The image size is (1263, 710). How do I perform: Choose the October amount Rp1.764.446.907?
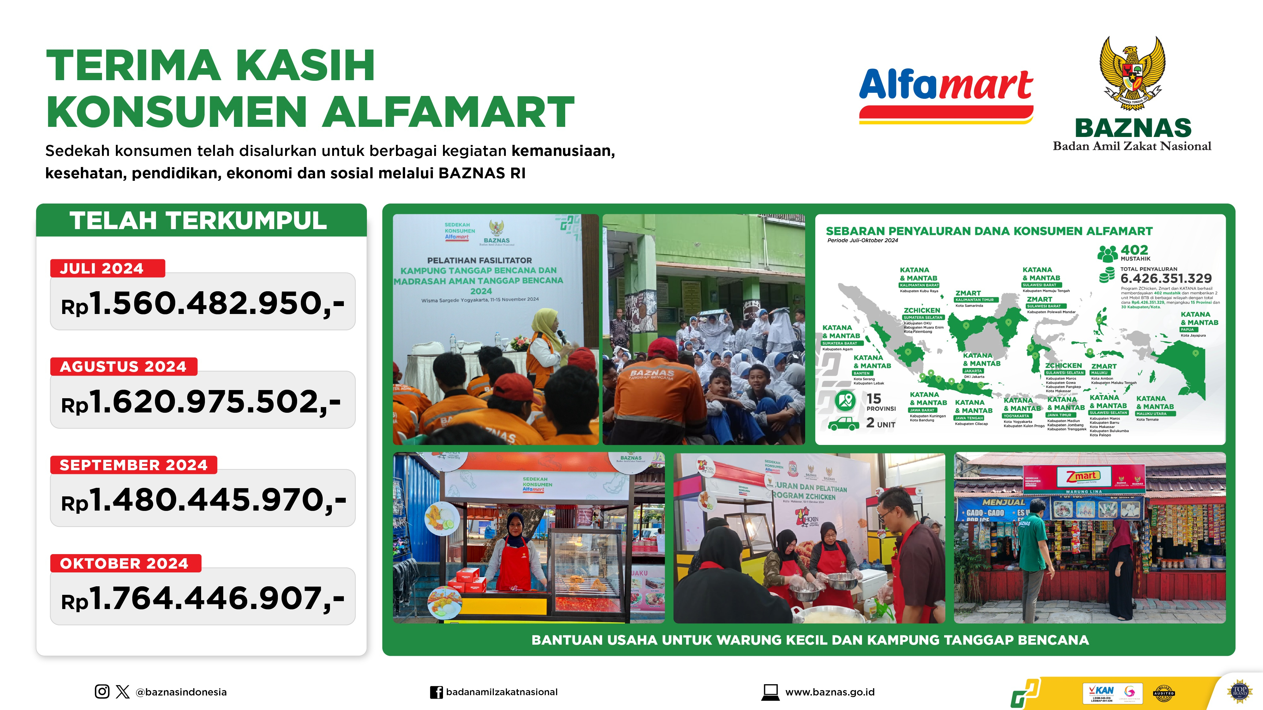tap(202, 598)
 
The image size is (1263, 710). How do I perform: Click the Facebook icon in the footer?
tap(436, 692)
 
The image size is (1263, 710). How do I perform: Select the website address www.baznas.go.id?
tap(829, 692)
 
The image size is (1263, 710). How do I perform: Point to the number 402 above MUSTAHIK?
tap(1134, 250)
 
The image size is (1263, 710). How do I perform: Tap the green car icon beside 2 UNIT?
tap(843, 423)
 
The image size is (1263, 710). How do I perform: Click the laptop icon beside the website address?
tap(770, 692)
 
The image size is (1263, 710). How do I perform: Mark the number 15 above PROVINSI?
tap(874, 398)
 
